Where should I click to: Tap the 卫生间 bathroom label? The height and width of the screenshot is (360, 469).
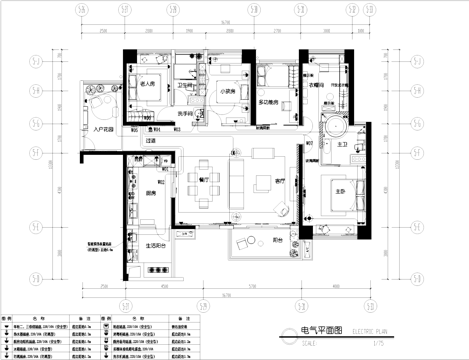pos(184,86)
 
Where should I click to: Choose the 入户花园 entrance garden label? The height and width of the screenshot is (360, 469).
pos(103,129)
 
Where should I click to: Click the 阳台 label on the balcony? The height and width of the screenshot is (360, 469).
pos(277,241)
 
